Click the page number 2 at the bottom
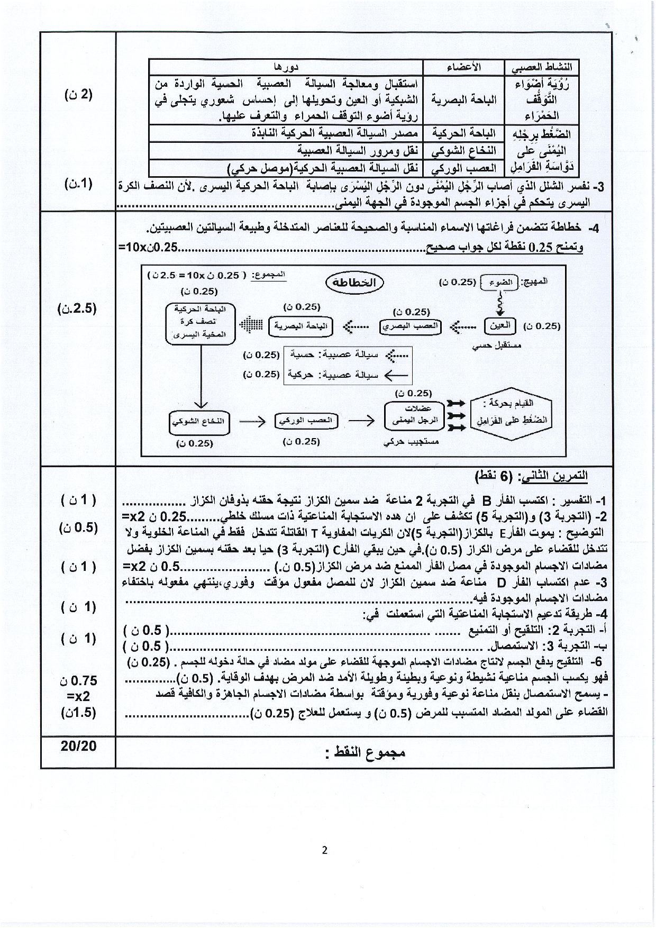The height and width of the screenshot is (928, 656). [325, 850]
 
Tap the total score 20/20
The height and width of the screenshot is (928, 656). [78, 745]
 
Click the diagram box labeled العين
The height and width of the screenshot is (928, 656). [499, 325]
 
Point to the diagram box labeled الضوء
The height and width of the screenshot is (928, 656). [499, 282]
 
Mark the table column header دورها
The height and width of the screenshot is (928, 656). [286, 67]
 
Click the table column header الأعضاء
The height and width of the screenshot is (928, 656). [463, 67]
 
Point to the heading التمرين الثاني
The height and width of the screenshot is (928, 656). [531, 475]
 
